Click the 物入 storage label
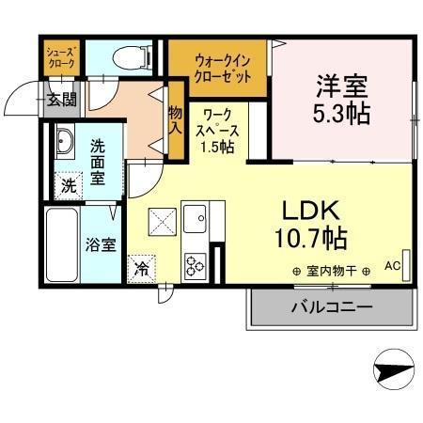click(x=175, y=117)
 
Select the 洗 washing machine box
click(x=67, y=185)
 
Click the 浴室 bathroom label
click(x=102, y=246)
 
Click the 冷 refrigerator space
click(x=142, y=268)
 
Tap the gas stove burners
click(x=196, y=267)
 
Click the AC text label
click(x=392, y=266)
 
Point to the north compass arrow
click(x=394, y=369)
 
